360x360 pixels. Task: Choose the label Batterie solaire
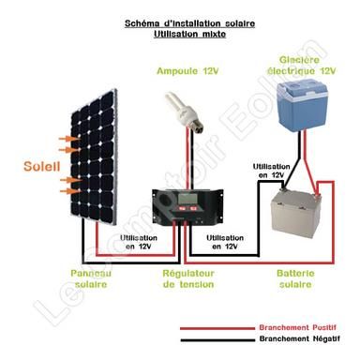point(302,278)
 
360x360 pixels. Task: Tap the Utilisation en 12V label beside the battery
point(269,171)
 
